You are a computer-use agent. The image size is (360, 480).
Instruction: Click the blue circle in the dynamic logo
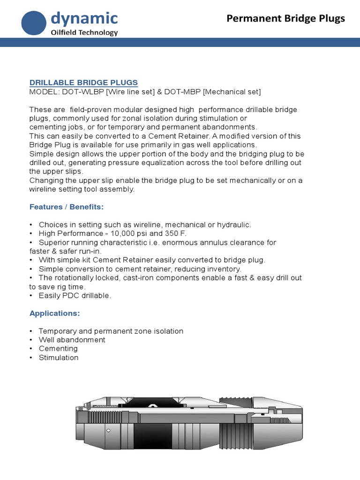click(35, 24)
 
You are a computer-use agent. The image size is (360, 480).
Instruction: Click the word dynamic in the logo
click(84, 19)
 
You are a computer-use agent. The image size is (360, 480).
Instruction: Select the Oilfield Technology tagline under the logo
click(84, 32)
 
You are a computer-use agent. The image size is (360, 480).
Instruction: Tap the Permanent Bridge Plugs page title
click(285, 19)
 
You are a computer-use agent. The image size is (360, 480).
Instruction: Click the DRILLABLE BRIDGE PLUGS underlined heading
click(83, 82)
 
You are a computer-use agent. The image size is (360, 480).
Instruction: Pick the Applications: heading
click(54, 313)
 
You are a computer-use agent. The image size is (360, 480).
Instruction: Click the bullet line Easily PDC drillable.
click(75, 296)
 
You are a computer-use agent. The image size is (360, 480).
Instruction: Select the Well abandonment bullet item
click(72, 340)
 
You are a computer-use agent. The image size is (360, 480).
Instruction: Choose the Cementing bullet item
click(58, 349)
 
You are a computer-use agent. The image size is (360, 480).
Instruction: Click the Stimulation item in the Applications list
click(59, 358)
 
